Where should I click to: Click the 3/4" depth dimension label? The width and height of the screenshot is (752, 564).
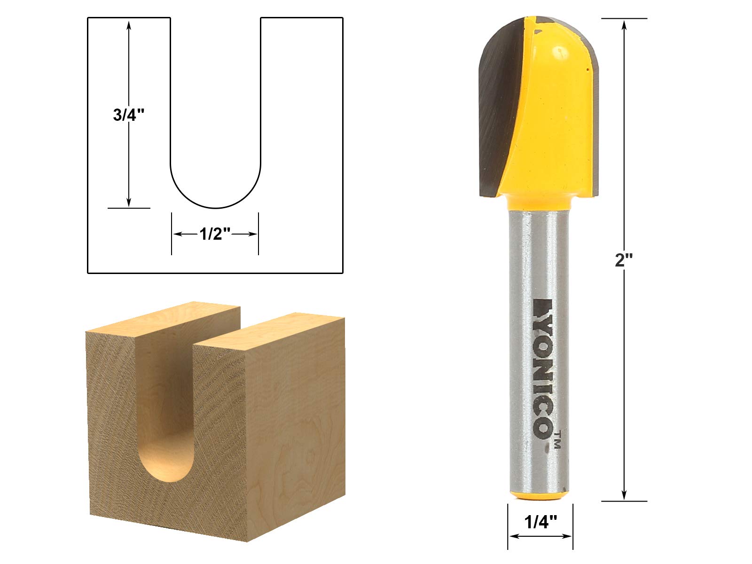(x=129, y=115)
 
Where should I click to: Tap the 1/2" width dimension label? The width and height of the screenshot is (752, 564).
(x=215, y=234)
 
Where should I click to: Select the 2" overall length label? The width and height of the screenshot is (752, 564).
(x=624, y=260)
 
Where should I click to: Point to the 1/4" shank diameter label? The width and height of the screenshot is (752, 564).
(x=540, y=522)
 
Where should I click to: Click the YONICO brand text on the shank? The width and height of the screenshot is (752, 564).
(x=544, y=368)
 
